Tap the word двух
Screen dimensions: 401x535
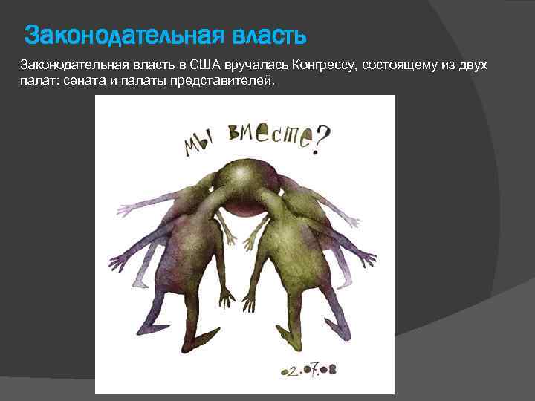point(473,65)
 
